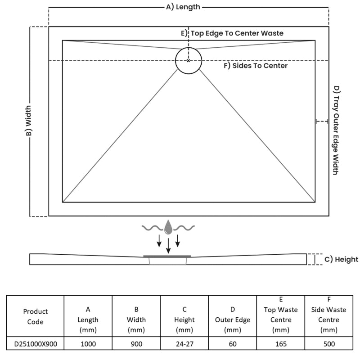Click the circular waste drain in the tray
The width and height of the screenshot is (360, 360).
click(x=189, y=48)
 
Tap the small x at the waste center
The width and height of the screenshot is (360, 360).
click(x=188, y=61)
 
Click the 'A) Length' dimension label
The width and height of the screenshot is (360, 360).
click(x=183, y=7)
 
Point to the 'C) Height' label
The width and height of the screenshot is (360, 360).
click(x=341, y=260)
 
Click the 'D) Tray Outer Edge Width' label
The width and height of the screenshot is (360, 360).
click(x=336, y=130)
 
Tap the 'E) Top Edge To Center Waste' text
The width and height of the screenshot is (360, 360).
click(x=232, y=33)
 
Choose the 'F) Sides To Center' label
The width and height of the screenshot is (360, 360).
click(x=256, y=66)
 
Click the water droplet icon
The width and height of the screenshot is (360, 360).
click(x=168, y=227)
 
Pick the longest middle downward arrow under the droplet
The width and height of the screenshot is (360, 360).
click(x=168, y=246)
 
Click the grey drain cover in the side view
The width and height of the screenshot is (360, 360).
click(x=167, y=256)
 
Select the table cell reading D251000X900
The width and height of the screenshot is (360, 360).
click(x=36, y=344)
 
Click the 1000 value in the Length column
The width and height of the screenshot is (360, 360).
click(x=88, y=344)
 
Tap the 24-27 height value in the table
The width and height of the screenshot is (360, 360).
click(x=184, y=344)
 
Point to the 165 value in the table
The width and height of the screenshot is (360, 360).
click(x=281, y=344)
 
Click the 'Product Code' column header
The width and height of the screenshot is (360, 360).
click(x=36, y=316)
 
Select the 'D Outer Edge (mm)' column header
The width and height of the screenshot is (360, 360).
click(x=233, y=319)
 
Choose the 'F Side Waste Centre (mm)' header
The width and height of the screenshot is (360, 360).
click(x=329, y=315)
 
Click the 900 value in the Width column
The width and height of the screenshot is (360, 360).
click(x=136, y=344)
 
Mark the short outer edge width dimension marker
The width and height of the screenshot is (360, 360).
click(x=322, y=121)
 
